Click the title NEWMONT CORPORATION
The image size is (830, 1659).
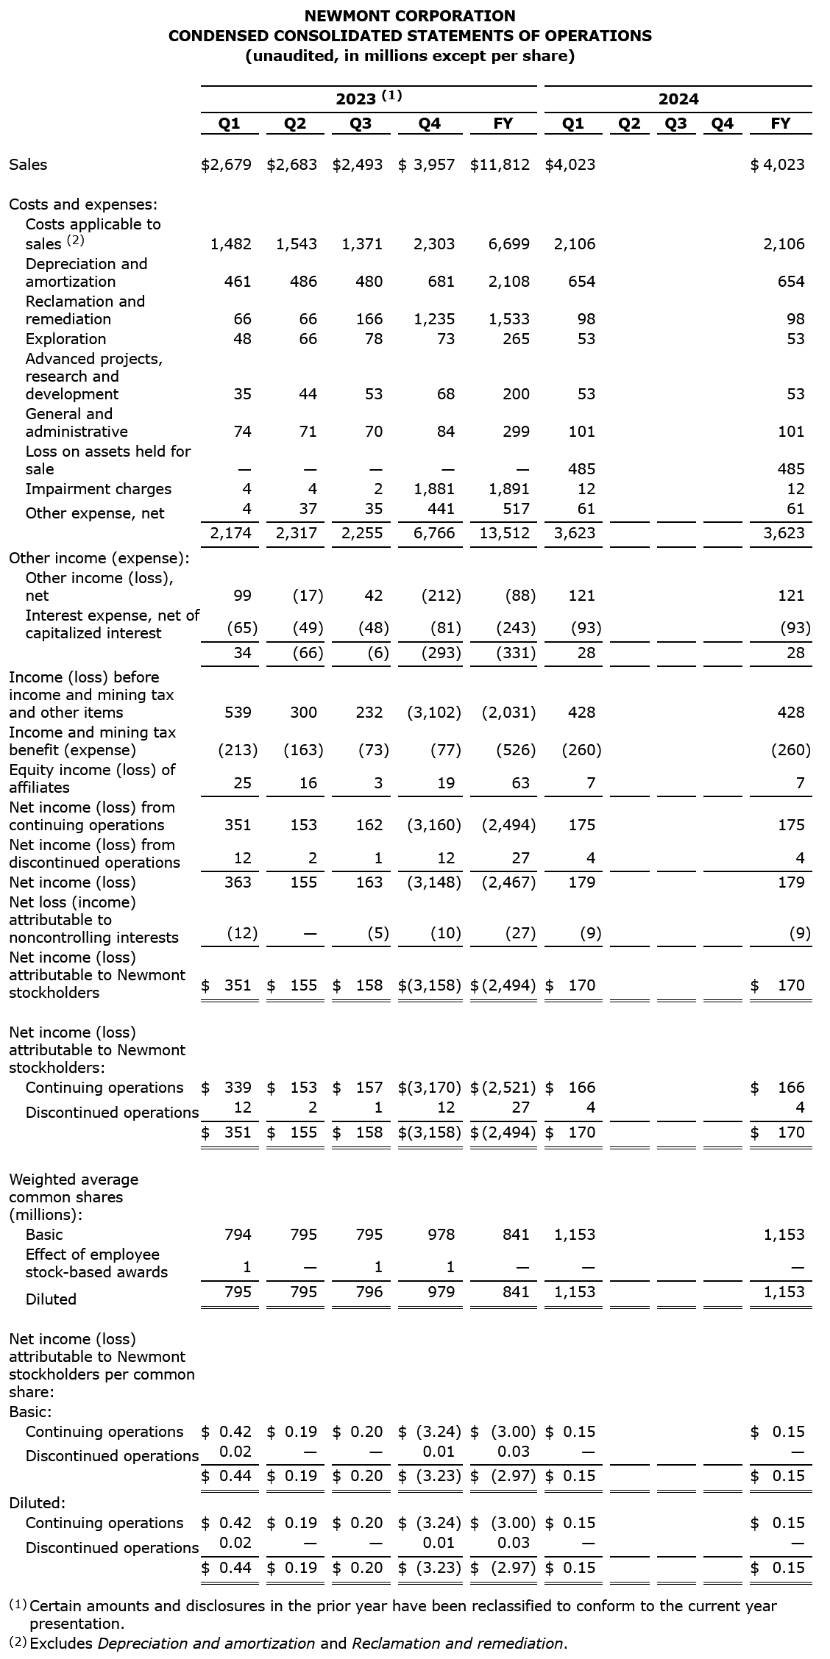410,15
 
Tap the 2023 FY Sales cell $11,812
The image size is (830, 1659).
500,164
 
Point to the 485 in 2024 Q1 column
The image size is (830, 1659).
582,469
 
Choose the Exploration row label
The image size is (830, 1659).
65,339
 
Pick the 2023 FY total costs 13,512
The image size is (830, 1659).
505,533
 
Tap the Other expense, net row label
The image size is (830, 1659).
95,513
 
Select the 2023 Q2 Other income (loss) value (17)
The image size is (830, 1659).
308,596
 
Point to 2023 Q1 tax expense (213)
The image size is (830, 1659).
238,750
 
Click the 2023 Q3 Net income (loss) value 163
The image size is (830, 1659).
369,882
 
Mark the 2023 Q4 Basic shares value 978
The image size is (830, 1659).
441,1235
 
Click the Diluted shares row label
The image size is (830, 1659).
51,1299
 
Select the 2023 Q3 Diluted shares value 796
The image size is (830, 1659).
369,1292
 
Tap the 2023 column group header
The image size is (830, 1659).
368,99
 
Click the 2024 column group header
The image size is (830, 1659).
678,99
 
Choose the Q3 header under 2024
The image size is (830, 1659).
675,124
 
